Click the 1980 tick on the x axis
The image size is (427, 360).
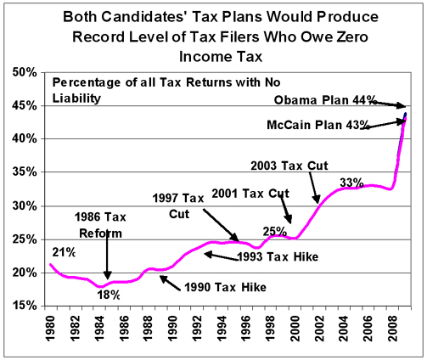tap(52, 328)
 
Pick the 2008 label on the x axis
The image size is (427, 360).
tap(394, 328)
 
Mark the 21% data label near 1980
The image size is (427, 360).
tap(64, 251)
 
